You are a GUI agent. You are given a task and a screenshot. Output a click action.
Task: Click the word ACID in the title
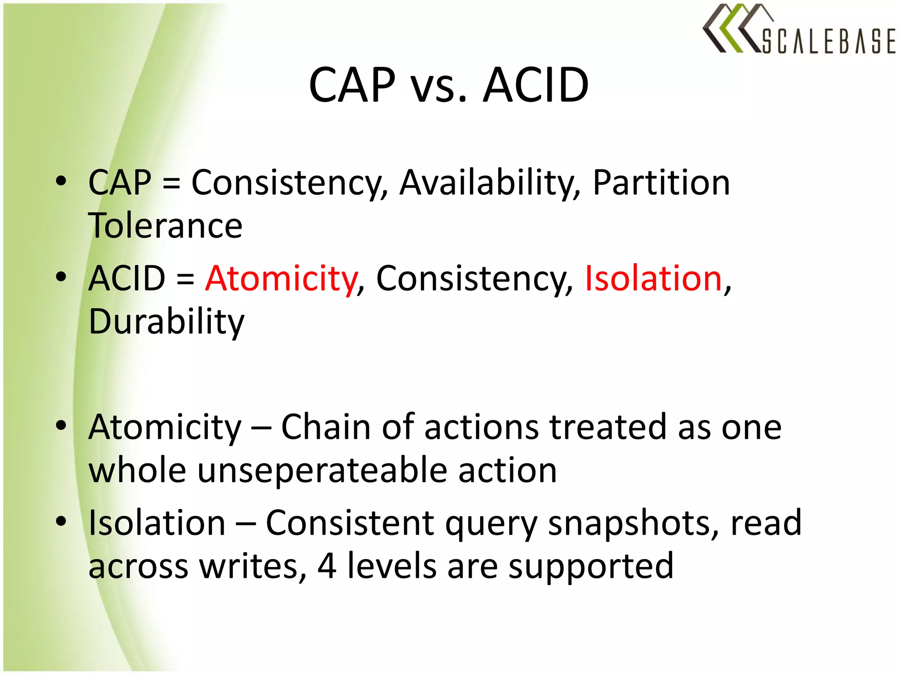coord(535,85)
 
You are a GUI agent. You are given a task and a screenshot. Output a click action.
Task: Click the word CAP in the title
coord(352,85)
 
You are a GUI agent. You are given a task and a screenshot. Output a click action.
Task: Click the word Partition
coord(661,183)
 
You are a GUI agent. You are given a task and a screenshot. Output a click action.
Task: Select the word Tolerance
coord(165,226)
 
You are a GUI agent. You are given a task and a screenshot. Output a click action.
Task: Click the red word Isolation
coord(653,278)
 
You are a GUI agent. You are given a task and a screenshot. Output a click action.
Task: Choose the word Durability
coord(166,322)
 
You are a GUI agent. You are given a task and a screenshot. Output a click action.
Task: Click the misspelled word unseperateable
coord(322,470)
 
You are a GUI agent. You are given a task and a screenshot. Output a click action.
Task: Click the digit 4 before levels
coord(327,566)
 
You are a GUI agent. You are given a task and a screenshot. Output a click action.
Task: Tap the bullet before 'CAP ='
coord(61,181)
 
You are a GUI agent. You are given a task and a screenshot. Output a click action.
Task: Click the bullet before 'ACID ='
coord(61,276)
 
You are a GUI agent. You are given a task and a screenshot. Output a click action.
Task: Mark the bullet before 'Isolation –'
coord(61,521)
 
